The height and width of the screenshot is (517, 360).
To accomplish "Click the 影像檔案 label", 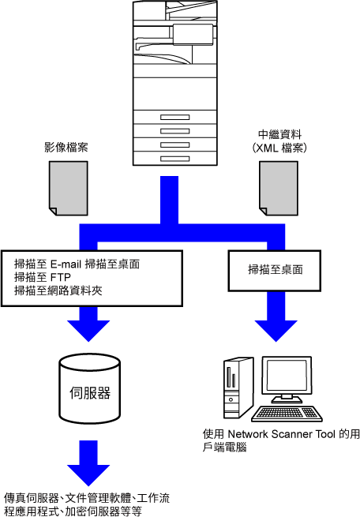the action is click(66, 147).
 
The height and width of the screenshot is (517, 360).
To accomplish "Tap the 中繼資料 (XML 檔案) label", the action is click(279, 141).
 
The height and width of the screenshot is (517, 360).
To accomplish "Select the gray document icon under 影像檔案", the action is click(69, 189).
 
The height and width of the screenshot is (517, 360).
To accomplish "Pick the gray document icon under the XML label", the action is click(279, 189).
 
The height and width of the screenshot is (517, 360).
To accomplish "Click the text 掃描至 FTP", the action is click(43, 277).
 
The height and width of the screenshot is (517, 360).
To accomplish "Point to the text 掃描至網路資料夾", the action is click(58, 290).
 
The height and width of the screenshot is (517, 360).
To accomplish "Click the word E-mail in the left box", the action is click(66, 264).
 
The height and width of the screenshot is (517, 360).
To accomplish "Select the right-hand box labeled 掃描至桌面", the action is click(275, 271).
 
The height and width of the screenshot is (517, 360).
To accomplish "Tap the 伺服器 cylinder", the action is click(90, 389).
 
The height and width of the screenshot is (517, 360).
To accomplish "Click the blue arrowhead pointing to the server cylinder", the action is click(88, 330).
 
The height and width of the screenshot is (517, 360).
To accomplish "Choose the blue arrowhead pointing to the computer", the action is click(276, 330).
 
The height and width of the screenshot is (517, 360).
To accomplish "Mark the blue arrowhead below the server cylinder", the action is click(88, 474).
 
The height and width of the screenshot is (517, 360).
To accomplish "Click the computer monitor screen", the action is click(287, 376).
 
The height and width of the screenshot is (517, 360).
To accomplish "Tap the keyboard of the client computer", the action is click(287, 414).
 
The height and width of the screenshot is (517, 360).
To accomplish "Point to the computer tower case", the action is click(238, 388).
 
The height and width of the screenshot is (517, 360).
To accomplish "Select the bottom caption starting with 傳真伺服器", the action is click(87, 504).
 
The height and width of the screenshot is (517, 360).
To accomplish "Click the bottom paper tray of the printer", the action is click(175, 159).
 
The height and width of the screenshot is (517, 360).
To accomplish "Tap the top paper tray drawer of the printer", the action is click(175, 117).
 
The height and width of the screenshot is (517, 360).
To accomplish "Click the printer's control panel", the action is click(193, 34).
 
